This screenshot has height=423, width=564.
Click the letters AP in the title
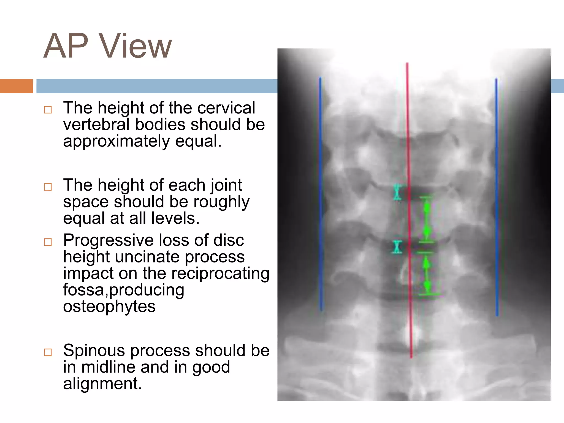66,46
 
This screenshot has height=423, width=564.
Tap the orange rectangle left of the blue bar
16,86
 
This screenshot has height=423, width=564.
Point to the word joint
226,185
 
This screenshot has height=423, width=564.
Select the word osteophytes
109,307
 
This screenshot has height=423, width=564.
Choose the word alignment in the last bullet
102,384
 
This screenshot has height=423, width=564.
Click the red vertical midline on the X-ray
409,209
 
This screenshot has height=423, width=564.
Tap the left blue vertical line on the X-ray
321,193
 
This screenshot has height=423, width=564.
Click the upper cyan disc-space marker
397,192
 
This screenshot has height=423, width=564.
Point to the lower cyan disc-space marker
397,247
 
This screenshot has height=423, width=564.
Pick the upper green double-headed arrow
427,220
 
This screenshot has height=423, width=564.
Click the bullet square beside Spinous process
48,352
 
